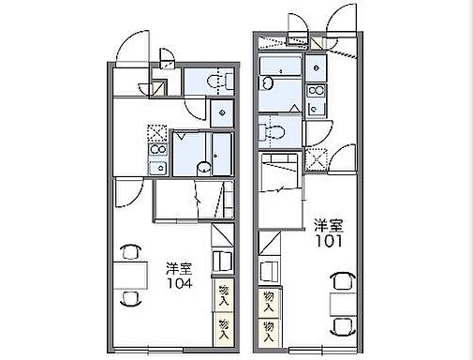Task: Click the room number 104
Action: coord(180,283)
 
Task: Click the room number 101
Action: coord(329,241)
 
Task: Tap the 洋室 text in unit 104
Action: coord(179,269)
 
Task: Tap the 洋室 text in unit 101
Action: coord(329,226)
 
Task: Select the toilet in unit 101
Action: coord(271,131)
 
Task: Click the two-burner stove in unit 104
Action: coord(158,150)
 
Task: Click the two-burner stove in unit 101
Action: coord(316,91)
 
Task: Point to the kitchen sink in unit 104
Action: coord(158,168)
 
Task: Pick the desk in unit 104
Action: coord(130,276)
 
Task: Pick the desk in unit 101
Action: coord(343,305)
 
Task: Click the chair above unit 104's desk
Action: coord(130,251)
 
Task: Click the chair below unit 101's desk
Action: coord(343,326)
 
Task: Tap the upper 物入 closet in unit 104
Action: coord(223,295)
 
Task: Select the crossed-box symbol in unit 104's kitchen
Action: coord(157,134)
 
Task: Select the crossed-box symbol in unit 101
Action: coord(316,159)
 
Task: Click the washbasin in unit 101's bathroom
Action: coord(267,84)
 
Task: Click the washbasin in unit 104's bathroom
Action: coord(204,168)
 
